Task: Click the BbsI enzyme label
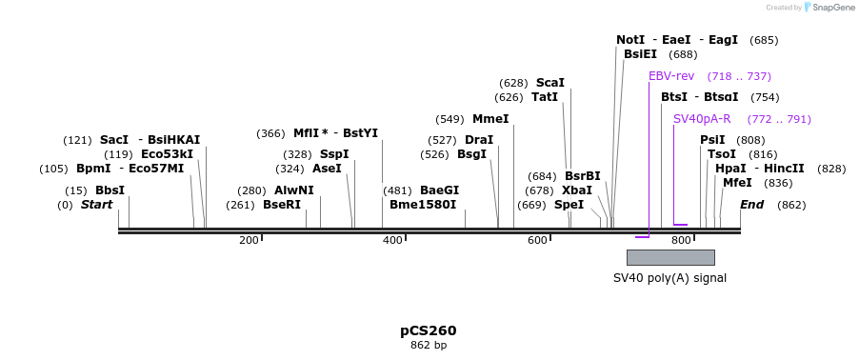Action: pyautogui.click(x=110, y=190)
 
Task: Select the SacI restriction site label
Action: pyautogui.click(x=114, y=140)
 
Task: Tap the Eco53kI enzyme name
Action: pyautogui.click(x=167, y=154)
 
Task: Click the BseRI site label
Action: pyautogui.click(x=281, y=205)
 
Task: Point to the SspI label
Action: pyautogui.click(x=334, y=154)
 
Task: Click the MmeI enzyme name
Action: pyautogui.click(x=490, y=119)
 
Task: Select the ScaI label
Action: pyautogui.click(x=550, y=83)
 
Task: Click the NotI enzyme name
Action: pyautogui.click(x=630, y=40)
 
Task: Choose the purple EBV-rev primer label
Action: pyautogui.click(x=671, y=76)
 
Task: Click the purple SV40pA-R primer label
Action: pyautogui.click(x=702, y=119)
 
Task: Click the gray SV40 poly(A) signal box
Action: pyautogui.click(x=670, y=257)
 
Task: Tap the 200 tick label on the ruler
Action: pyautogui.click(x=250, y=240)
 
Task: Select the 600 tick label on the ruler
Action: pyautogui.click(x=537, y=240)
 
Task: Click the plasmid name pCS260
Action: pyautogui.click(x=429, y=330)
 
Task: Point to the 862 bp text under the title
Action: pyautogui.click(x=429, y=345)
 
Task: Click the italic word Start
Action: pyautogui.click(x=96, y=205)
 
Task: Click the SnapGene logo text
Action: pyautogui.click(x=832, y=8)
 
